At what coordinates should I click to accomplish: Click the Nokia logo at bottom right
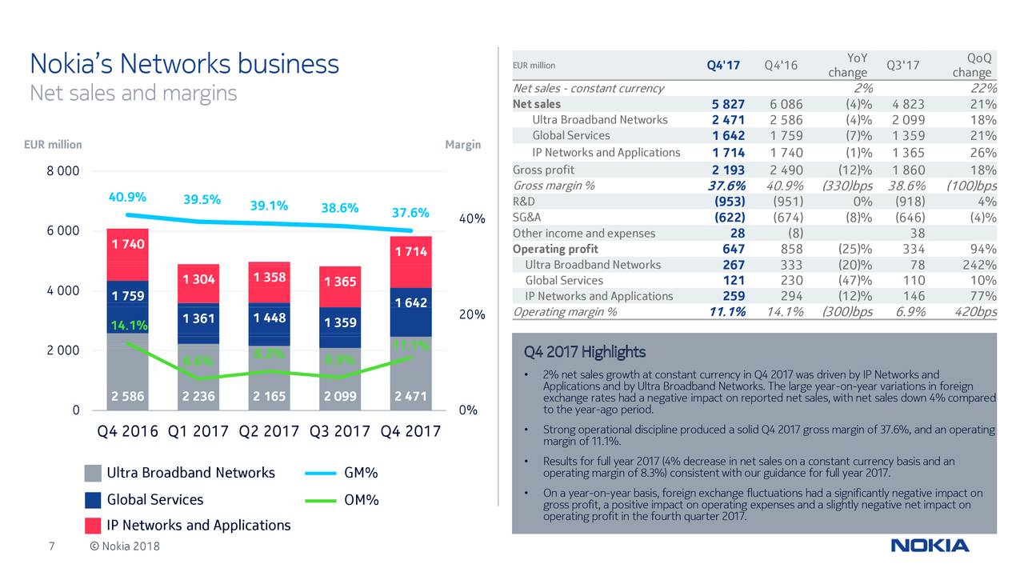930,546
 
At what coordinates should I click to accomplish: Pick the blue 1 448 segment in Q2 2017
268,318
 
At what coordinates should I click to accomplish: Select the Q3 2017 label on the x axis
339,432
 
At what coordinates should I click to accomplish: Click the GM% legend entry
360,473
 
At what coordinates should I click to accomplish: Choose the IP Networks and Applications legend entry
198,525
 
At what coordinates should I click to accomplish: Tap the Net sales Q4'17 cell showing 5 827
728,104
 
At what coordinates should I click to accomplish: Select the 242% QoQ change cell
979,265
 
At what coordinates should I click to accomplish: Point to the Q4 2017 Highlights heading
584,352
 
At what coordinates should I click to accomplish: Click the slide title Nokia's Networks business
184,64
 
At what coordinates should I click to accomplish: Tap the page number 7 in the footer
50,546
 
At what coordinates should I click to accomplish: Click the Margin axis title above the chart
462,145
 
